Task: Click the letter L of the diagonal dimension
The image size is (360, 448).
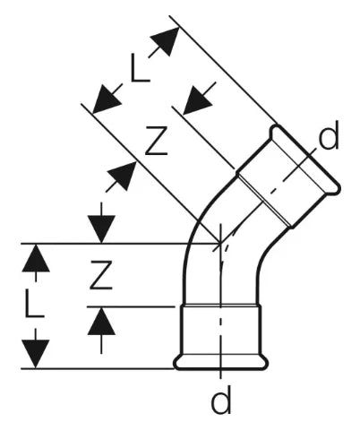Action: (140, 67)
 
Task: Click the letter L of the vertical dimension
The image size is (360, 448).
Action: (35, 302)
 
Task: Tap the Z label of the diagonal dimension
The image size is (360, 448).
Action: (156, 141)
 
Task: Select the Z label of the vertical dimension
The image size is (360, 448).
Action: (101, 275)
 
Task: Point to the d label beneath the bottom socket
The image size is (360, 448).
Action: (221, 399)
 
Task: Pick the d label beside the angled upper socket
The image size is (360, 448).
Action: (329, 134)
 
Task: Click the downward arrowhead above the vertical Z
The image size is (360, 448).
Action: (101, 228)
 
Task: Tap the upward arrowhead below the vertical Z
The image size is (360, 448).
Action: (101, 321)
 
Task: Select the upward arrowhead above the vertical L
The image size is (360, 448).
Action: (36, 258)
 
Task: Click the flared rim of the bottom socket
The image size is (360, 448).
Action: (221, 363)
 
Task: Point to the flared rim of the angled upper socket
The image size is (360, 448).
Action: (305, 159)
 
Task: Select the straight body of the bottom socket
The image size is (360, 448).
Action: (221, 330)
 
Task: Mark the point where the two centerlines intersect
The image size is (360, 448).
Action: (220, 244)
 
